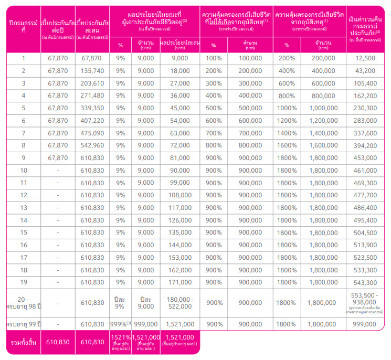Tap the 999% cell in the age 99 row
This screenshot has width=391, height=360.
point(120,324)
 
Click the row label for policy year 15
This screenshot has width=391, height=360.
point(23,232)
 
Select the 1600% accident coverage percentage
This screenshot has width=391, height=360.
point(287,145)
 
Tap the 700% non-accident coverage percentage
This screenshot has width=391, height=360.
point(214,133)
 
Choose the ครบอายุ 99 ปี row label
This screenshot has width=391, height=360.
point(23,324)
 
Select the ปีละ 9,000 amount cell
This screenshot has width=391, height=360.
point(146,302)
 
